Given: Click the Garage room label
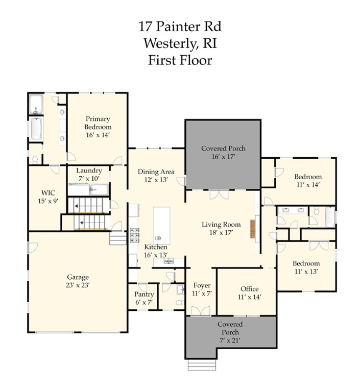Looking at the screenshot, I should tap(78, 278).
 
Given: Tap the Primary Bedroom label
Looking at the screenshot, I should tap(98, 122).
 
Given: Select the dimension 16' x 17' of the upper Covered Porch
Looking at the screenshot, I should tap(223, 157).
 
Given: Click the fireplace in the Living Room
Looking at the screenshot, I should tap(252, 229).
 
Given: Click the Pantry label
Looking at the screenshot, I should tap(144, 295).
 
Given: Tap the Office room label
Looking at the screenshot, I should tap(249, 289).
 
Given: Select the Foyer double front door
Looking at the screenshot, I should tap(201, 311).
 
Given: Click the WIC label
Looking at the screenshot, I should tap(49, 193).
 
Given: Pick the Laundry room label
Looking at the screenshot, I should tap(89, 170).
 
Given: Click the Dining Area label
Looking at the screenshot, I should tap(156, 172).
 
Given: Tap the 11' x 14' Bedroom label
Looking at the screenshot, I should tap(307, 177).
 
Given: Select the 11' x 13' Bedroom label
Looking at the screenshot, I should tap(306, 264).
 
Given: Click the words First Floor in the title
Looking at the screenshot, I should tap(180, 60).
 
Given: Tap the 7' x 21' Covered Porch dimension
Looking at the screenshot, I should tap(230, 340).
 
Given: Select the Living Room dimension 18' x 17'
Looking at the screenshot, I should tap(221, 233).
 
